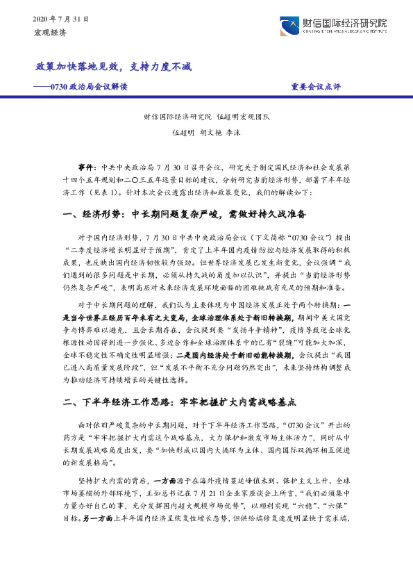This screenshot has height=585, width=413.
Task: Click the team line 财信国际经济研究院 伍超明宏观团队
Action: [206, 117]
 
